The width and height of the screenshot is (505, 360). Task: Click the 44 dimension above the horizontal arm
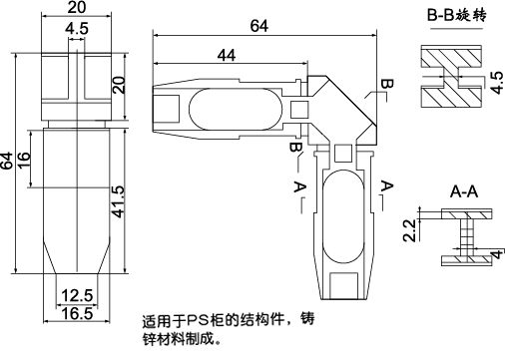coord(225,57)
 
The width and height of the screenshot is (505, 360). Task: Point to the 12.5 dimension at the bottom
coord(77,296)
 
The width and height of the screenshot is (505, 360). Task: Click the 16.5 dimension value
coord(77,312)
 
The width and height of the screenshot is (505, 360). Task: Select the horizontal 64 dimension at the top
coord(259,26)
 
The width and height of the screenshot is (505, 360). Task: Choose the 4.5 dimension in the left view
coord(76,29)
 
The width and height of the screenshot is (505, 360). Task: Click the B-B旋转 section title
coord(458,16)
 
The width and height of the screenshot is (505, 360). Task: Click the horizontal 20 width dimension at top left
coord(76,8)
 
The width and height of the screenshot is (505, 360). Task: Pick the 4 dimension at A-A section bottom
coord(495,256)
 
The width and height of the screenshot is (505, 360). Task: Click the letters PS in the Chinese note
coord(201,321)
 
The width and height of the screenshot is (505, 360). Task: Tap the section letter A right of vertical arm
coord(387,185)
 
